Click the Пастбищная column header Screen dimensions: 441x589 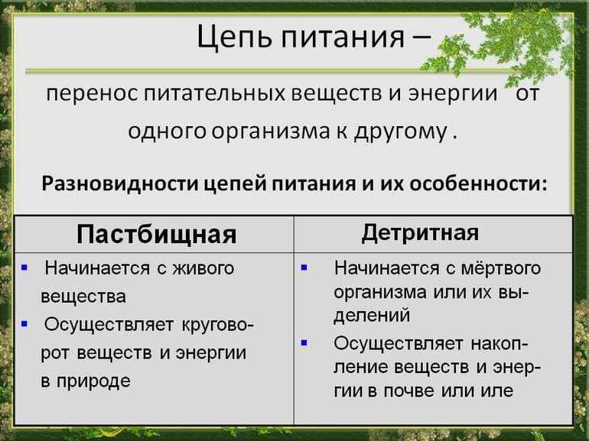(x=156, y=233)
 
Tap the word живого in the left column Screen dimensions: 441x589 (x=201, y=268)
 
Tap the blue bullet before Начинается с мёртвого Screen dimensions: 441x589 (x=305, y=268)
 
